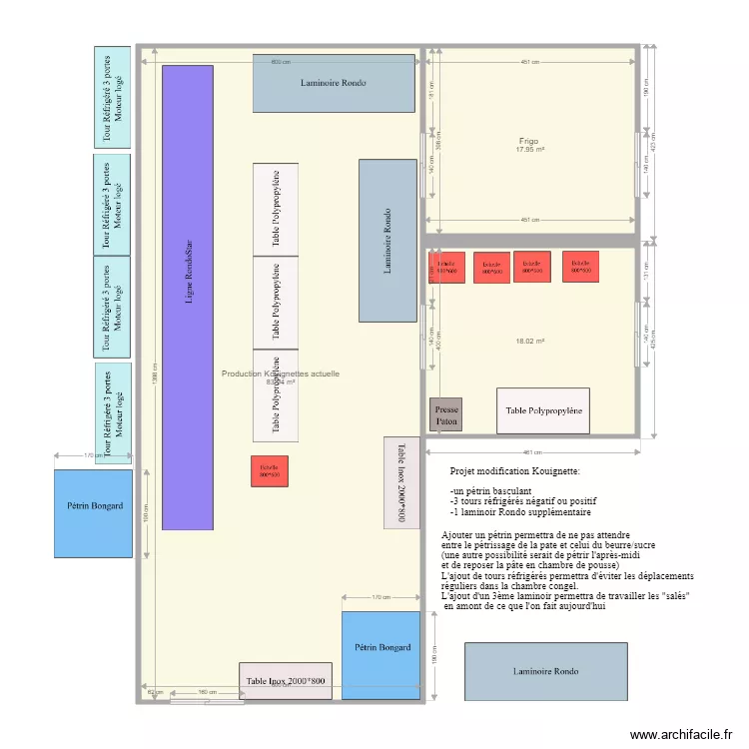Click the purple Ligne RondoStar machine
pyautogui.click(x=188, y=297)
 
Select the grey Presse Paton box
pyautogui.click(x=445, y=414)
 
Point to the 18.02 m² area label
pyautogui.click(x=529, y=342)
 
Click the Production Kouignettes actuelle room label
pyautogui.click(x=280, y=374)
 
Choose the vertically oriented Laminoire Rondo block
pyautogui.click(x=387, y=241)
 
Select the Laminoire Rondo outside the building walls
pyautogui.click(x=545, y=671)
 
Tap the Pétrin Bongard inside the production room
pyautogui.click(x=380, y=647)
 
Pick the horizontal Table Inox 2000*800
pyautogui.click(x=286, y=681)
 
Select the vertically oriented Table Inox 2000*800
pyautogui.click(x=401, y=484)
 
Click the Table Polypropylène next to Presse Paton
pyautogui.click(x=542, y=410)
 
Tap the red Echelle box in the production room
pyautogui.click(x=270, y=470)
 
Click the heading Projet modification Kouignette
pyautogui.click(x=514, y=469)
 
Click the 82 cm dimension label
pyautogui.click(x=154, y=691)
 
